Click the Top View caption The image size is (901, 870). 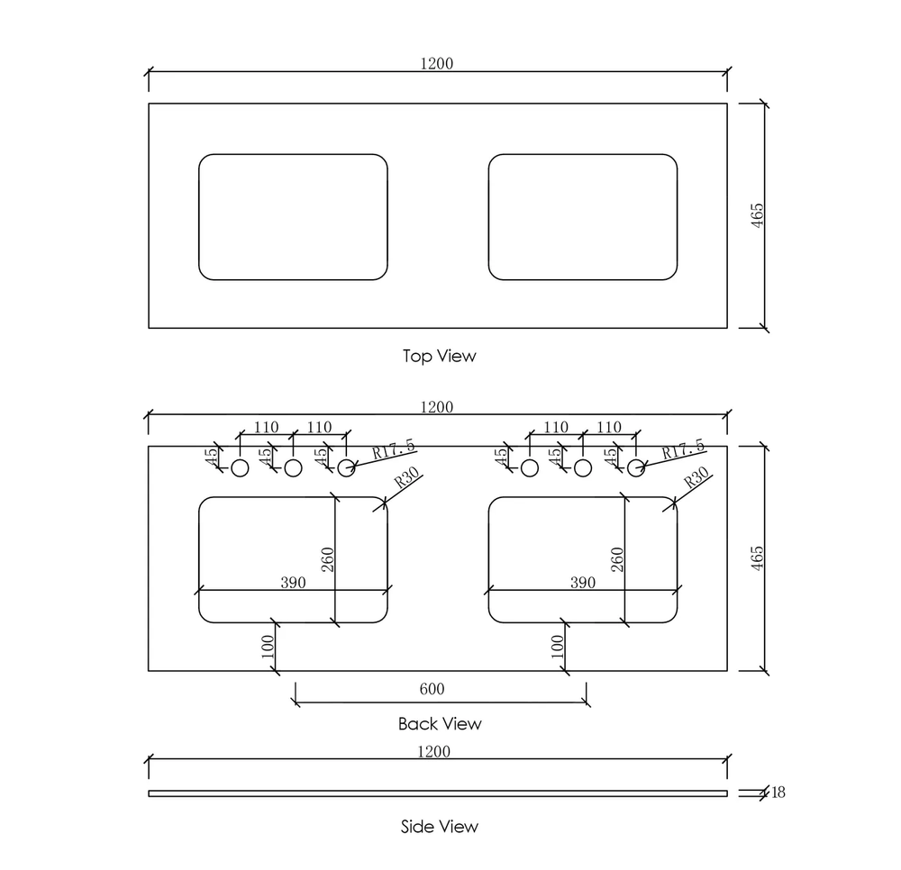click(439, 356)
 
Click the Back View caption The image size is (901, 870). click(440, 723)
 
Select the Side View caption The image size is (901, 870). click(440, 827)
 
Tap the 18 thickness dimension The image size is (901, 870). click(778, 793)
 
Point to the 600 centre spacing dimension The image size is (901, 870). click(432, 689)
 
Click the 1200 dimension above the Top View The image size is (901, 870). click(437, 63)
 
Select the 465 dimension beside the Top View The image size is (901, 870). click(758, 215)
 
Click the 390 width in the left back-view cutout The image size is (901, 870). click(293, 583)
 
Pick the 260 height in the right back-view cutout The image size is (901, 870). click(617, 559)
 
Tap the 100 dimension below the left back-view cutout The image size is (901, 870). click(268, 647)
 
